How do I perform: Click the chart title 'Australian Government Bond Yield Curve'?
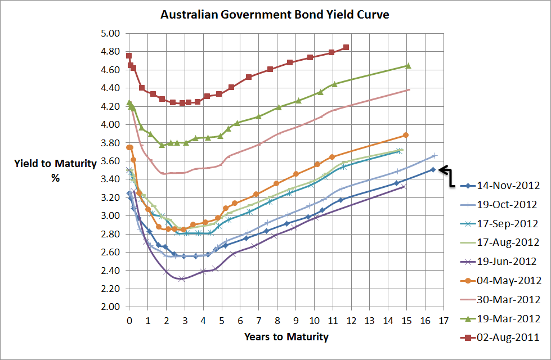tap(275, 14)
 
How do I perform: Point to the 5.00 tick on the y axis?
tap(110, 33)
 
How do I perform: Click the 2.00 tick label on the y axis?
tap(110, 307)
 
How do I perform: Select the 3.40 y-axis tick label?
tap(110, 179)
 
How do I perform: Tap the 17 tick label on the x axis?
tap(444, 321)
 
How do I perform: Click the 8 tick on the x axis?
tap(277, 321)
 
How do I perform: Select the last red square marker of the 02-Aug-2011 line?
tap(346, 47)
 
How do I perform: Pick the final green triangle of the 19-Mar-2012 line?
tap(408, 66)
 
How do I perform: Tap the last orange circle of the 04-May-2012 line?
tap(406, 135)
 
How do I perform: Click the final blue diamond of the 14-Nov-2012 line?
tap(433, 169)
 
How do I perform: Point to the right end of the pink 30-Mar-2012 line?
tap(410, 89)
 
